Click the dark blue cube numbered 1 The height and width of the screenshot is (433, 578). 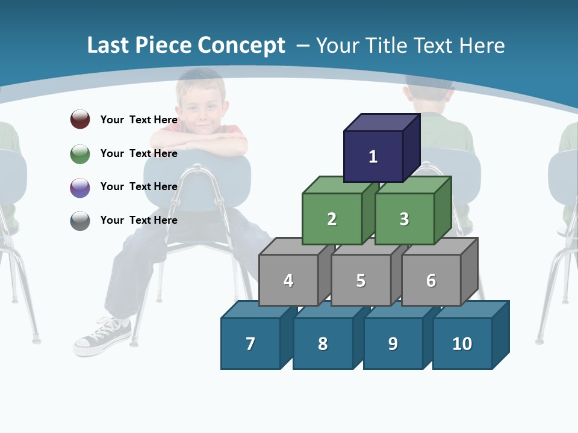point(373,156)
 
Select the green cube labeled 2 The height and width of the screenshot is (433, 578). point(332,219)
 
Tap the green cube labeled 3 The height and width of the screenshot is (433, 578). point(404,219)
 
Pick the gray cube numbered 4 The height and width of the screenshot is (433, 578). point(288,280)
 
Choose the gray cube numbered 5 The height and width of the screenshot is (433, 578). point(361,280)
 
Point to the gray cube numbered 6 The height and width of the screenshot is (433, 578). point(430,280)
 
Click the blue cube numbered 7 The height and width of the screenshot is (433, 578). point(250,343)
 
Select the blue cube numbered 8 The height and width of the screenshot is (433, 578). point(323,343)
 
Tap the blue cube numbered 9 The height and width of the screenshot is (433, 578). point(393,343)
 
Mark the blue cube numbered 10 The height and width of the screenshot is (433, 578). point(462,343)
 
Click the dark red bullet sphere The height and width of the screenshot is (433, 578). point(80,119)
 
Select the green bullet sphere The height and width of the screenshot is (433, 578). point(80,153)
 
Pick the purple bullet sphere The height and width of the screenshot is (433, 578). point(80,187)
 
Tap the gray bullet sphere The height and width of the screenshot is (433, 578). point(80,220)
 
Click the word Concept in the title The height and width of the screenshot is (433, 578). point(241,46)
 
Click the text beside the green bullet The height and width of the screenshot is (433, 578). point(138,153)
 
